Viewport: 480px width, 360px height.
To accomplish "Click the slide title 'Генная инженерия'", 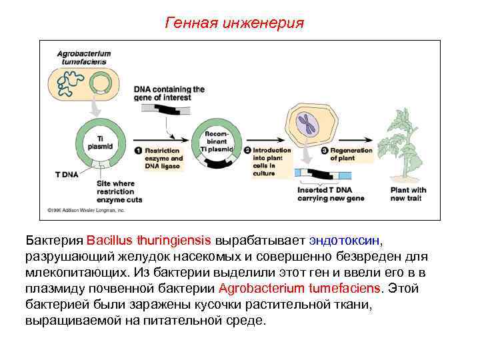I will [x=234, y=24].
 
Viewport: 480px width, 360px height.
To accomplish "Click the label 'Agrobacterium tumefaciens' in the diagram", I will [x=83, y=57].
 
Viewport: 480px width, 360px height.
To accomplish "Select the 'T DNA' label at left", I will [x=67, y=174].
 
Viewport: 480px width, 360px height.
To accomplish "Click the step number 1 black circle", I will [x=138, y=151].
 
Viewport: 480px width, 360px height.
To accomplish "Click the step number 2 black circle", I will [x=247, y=151].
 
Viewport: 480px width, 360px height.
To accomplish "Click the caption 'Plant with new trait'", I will [x=408, y=194].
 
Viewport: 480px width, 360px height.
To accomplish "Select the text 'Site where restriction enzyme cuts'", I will [x=119, y=191].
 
